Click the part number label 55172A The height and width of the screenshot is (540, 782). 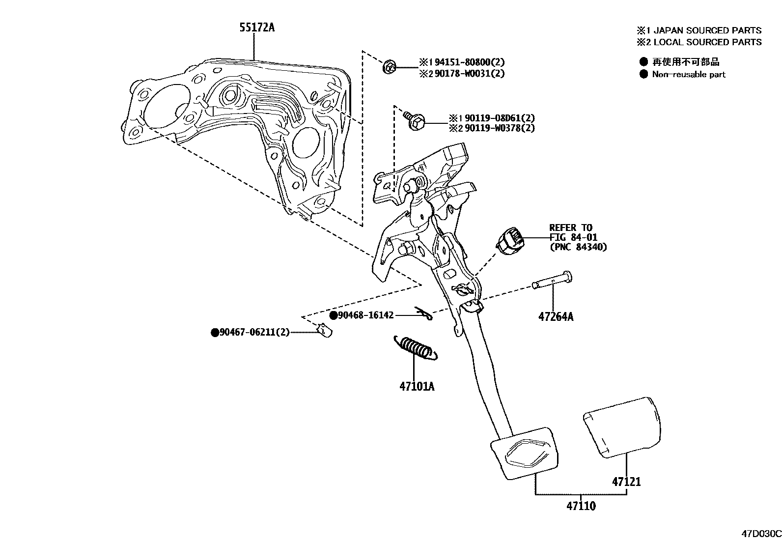click(x=256, y=28)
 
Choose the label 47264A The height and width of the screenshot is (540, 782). click(x=556, y=317)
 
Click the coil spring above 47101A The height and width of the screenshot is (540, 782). click(x=415, y=347)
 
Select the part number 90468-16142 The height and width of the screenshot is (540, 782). click(x=365, y=315)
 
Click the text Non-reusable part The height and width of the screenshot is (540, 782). click(x=688, y=75)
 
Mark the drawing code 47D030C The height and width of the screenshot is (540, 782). click(x=761, y=534)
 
